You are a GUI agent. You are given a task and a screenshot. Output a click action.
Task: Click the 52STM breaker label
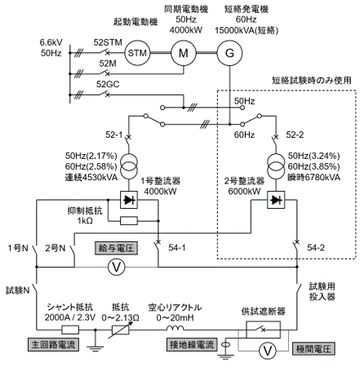pyautogui.click(x=108, y=42)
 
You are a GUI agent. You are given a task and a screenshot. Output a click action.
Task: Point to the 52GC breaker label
pyautogui.click(x=108, y=84)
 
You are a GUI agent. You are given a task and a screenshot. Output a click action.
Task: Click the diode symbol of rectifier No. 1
pyautogui.click(x=129, y=200)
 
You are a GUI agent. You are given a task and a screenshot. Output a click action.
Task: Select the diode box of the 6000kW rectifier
pyautogui.click(x=276, y=200)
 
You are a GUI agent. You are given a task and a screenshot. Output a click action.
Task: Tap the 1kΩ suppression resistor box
pyautogui.click(x=129, y=221)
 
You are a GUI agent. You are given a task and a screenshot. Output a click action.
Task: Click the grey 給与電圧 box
pyautogui.click(x=116, y=248)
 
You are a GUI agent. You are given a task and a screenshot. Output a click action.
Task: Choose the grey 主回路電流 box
pyautogui.click(x=53, y=344)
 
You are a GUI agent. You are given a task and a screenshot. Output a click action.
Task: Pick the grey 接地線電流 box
pyautogui.click(x=192, y=344)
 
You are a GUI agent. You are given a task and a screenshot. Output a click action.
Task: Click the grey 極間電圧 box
pyautogui.click(x=313, y=348)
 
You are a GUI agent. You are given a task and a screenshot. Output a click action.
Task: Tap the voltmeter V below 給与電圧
pyautogui.click(x=116, y=267)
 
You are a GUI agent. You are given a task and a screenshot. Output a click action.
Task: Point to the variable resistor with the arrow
pyautogui.click(x=121, y=329)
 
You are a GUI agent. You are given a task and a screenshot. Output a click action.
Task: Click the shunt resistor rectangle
pyautogui.click(x=70, y=329)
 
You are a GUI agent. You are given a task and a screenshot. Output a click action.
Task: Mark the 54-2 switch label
pyautogui.click(x=316, y=248)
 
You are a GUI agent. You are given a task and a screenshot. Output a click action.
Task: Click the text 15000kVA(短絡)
pyautogui.click(x=247, y=30)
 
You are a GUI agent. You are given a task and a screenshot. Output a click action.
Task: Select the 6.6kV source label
pyautogui.click(x=51, y=42)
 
